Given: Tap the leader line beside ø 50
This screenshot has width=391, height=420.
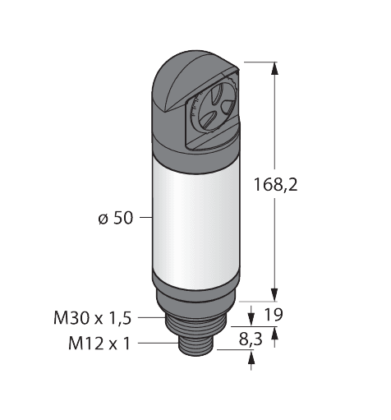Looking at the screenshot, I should tap(144, 218).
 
